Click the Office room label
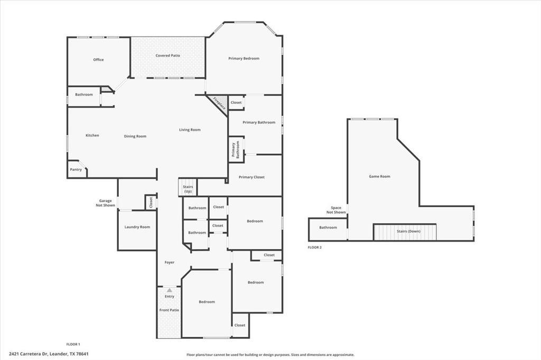[98, 60]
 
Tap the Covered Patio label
[167, 55]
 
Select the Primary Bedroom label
[244, 59]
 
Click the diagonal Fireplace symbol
[219, 102]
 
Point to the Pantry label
[76, 169]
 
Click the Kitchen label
[92, 136]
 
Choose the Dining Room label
[135, 136]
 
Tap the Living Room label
[190, 130]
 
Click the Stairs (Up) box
[188, 188]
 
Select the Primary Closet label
[251, 177]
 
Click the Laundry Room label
[137, 227]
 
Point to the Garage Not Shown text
[106, 203]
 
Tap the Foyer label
[170, 262]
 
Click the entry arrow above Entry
[169, 290]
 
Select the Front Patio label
[169, 310]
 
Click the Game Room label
[379, 176]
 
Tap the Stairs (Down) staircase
[405, 231]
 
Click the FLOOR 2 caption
[315, 247]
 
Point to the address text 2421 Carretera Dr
[48, 354]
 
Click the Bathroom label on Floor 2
[328, 228]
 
